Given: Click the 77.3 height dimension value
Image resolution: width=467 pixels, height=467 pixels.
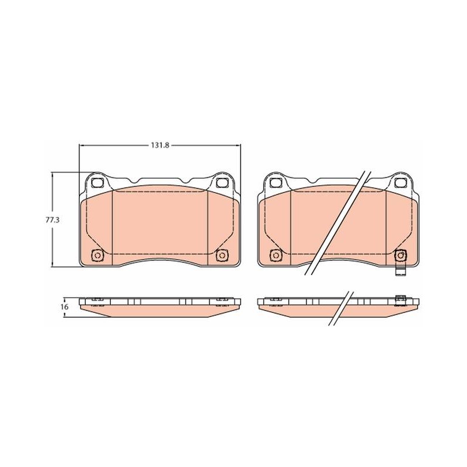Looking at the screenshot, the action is (x=53, y=220).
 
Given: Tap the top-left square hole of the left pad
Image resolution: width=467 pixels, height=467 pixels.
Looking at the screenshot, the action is (x=96, y=183).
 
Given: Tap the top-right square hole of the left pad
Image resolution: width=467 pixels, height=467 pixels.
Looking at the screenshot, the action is (x=221, y=183).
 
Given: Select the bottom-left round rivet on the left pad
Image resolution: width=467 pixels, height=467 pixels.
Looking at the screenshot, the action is (x=97, y=255).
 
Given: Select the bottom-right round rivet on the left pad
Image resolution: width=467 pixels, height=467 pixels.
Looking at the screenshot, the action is (x=222, y=255).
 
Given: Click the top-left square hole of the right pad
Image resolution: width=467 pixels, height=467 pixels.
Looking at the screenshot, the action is (x=275, y=183).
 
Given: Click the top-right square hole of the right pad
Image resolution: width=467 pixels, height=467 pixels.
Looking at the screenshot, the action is (x=400, y=183).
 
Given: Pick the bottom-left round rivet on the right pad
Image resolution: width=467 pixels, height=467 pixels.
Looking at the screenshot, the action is (x=276, y=255).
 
